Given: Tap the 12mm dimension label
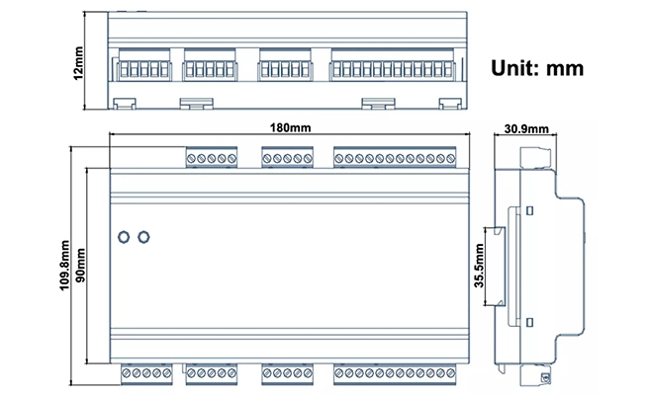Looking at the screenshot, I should [x=78, y=61].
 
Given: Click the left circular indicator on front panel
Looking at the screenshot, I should [x=125, y=237].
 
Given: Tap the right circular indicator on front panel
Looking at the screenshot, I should [x=143, y=237].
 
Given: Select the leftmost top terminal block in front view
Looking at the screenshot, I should [x=212, y=157].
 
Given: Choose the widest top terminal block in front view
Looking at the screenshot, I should [x=395, y=157].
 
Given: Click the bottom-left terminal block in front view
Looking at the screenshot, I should [x=146, y=373].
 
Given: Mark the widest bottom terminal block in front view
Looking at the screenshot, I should [x=395, y=373].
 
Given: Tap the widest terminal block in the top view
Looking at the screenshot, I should [x=393, y=68].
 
